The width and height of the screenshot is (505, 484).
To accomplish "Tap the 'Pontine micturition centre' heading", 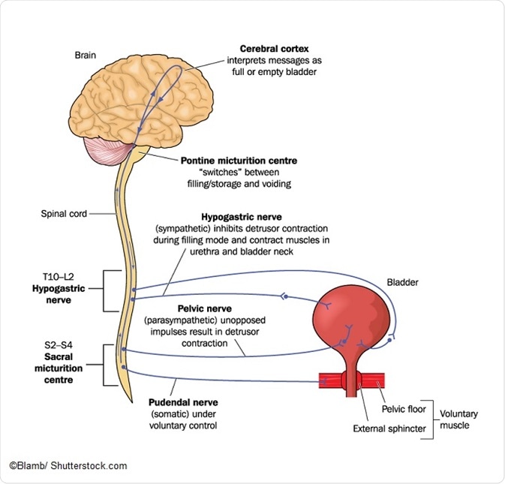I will (x=239, y=160).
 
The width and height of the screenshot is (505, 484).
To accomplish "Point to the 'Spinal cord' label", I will (x=65, y=213).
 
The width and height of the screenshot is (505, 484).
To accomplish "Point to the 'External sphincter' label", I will (x=390, y=429).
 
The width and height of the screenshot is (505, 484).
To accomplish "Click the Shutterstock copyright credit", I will (x=68, y=466).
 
